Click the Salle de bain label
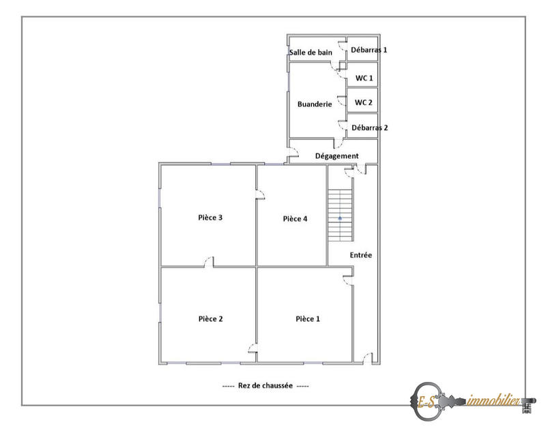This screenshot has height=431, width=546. click(311, 52)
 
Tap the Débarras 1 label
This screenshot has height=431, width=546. click(369, 50)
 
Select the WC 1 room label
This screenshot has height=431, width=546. click(364, 78)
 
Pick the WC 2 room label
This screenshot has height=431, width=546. click(364, 102)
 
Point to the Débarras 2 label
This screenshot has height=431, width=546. click(369, 128)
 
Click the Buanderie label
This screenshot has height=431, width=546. click(315, 104)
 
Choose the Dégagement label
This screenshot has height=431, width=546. click(336, 155)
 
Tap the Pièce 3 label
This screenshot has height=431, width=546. click(210, 218)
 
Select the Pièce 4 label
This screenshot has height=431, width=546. click(295, 218)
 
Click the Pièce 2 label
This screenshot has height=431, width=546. click(211, 318)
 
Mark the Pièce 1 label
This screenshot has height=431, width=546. click(307, 318)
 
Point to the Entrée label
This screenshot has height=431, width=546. click(361, 255)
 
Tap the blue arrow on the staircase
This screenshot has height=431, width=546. click(340, 218)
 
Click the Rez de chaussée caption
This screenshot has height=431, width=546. click(265, 385)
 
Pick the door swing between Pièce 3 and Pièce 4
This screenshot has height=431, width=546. click(261, 196)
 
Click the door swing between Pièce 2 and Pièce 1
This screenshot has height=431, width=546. click(253, 351)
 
